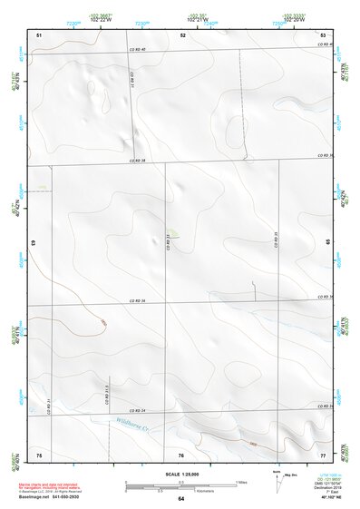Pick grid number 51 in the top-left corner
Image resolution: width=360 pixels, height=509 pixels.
click(38, 34)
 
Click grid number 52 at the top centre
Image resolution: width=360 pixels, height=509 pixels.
click(182, 34)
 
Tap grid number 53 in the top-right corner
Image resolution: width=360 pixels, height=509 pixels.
click(323, 34)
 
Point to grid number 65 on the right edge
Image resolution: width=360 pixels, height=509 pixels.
click(328, 243)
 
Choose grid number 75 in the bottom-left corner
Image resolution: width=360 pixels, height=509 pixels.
click(38, 454)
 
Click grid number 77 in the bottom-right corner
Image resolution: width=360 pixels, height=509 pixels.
click(323, 454)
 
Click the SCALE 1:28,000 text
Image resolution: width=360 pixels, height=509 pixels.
click(180, 475)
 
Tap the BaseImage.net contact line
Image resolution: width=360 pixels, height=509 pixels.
click(56, 497)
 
